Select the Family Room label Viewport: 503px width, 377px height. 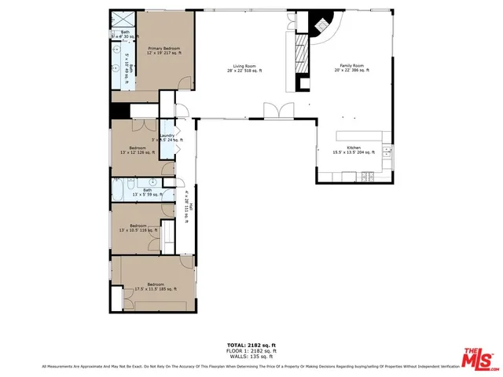pos(354,68)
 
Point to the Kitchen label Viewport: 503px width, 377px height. pos(354,149)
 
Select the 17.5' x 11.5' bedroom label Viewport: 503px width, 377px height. pos(149,286)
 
